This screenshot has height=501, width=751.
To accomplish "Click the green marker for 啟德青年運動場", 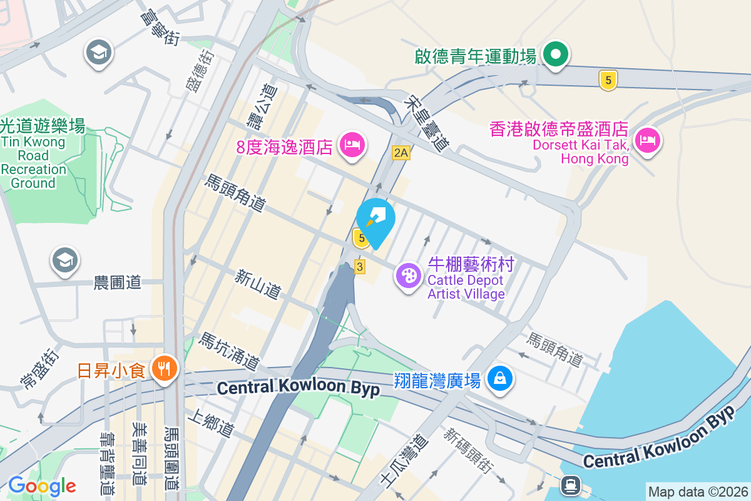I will [x=555, y=54].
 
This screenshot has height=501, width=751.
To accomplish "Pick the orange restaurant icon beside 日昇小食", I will [x=165, y=369].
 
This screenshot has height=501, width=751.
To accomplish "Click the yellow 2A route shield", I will [x=401, y=152].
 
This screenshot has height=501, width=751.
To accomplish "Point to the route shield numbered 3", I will [x=359, y=267].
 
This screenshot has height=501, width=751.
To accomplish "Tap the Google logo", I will [x=42, y=485].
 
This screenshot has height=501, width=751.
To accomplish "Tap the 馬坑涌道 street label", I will [x=228, y=351].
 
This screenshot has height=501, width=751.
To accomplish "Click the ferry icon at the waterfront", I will [x=570, y=484].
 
